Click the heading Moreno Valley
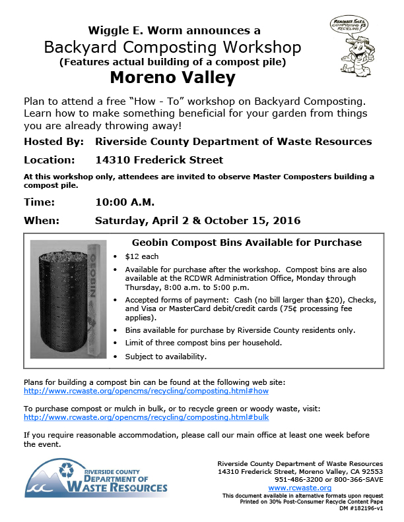[x=172, y=78]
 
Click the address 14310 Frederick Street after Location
[x=159, y=159]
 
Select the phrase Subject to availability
[x=166, y=357]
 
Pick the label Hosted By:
[x=53, y=142]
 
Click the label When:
[x=42, y=220]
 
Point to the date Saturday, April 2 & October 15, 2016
[x=197, y=220]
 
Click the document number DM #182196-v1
[x=360, y=509]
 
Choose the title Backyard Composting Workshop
[x=172, y=47]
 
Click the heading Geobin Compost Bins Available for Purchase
[x=247, y=243]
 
